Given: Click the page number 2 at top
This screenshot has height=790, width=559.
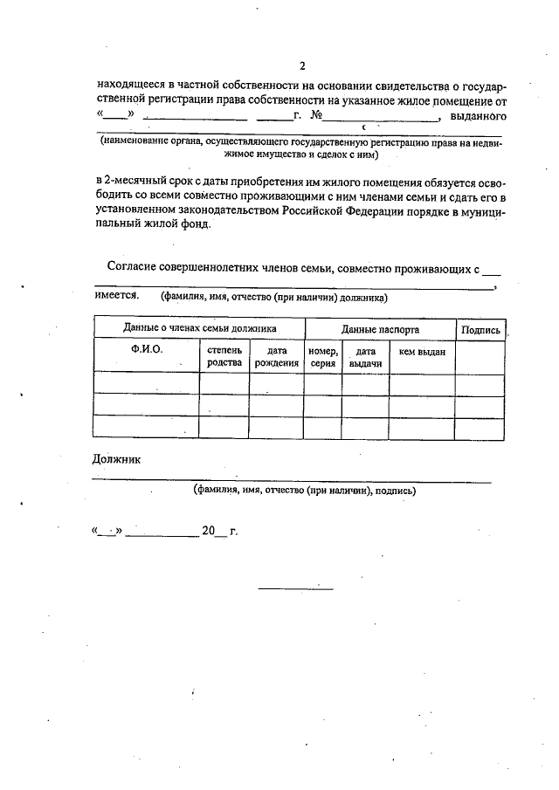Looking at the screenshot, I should click(301, 65).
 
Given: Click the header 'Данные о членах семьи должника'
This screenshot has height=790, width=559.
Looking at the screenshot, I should click(199, 329).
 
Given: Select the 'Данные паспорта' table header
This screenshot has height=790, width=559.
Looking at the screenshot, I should click(380, 330).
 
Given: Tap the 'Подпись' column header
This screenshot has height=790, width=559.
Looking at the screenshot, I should click(480, 330).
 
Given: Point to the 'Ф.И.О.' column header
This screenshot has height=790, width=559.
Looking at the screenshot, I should click(146, 350).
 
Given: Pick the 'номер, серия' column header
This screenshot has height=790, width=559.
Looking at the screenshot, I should click(322, 356).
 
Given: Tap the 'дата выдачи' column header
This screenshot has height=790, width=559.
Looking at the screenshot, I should click(365, 356).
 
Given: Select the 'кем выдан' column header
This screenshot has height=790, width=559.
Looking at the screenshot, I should click(422, 351).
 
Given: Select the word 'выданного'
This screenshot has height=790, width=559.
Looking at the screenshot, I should click(479, 116).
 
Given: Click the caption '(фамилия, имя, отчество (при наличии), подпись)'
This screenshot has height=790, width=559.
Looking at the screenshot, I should click(305, 491).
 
